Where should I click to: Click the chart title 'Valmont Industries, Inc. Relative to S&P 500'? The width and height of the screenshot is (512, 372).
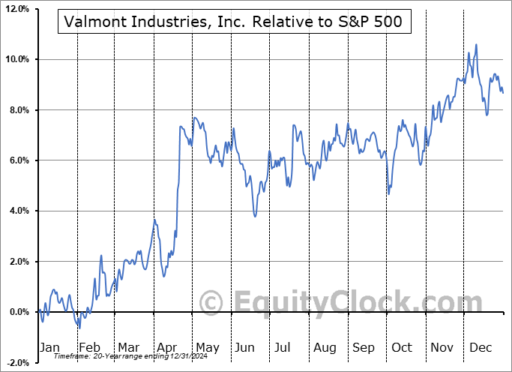234,22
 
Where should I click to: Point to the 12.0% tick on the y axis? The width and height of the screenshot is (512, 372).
16,9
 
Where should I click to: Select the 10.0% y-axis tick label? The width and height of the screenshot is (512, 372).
16,59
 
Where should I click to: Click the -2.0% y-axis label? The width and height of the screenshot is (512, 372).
17,362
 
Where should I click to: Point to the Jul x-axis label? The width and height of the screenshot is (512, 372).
283,347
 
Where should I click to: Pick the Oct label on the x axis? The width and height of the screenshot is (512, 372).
403,347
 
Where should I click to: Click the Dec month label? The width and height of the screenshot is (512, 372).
481,347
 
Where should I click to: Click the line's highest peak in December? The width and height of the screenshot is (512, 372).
476,45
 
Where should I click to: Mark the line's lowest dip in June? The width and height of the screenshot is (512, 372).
256,216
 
